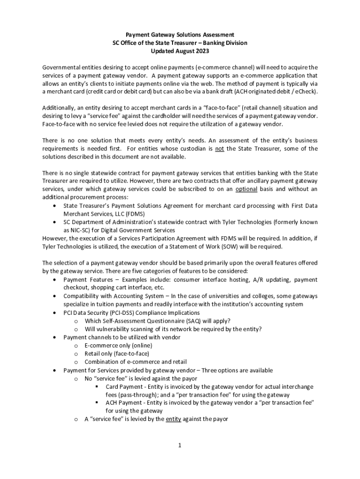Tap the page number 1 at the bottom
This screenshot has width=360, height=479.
(179, 445)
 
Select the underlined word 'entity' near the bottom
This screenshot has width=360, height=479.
(174, 419)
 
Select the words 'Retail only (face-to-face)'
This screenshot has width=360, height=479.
(117, 354)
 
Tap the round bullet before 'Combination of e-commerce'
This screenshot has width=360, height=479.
(75, 362)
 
